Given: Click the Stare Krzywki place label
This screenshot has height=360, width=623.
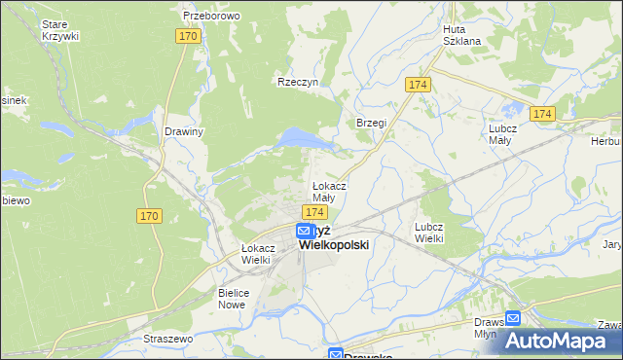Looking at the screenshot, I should (60, 28).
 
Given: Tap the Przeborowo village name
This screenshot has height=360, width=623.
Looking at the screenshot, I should (211, 17).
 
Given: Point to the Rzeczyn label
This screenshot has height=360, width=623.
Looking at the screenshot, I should (298, 83).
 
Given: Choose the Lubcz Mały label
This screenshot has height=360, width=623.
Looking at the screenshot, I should (505, 133).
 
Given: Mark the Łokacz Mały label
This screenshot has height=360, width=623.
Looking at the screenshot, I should (329, 191).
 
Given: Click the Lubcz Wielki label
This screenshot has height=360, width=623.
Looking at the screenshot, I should (429, 232).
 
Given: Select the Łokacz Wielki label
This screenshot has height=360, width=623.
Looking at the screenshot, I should (258, 254).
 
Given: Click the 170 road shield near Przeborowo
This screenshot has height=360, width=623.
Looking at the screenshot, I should (189, 36).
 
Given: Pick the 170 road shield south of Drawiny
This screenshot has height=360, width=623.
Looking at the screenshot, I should (149, 215).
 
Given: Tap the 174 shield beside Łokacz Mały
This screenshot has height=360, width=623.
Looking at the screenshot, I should (312, 212).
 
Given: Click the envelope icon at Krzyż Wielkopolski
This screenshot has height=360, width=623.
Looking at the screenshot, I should (304, 232).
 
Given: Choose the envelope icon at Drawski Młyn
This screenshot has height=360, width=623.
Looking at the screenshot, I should (513, 317).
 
